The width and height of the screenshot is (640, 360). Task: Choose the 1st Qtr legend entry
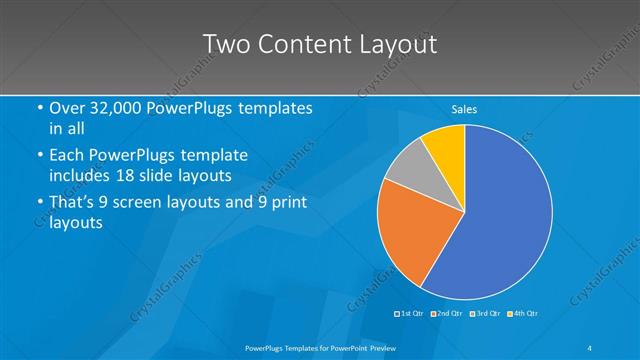point(411,314)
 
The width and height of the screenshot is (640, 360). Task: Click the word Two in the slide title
point(226,45)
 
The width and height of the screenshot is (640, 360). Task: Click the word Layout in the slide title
point(398,45)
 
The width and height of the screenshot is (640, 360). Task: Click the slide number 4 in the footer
point(590,347)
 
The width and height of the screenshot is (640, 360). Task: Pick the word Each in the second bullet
point(67,156)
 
